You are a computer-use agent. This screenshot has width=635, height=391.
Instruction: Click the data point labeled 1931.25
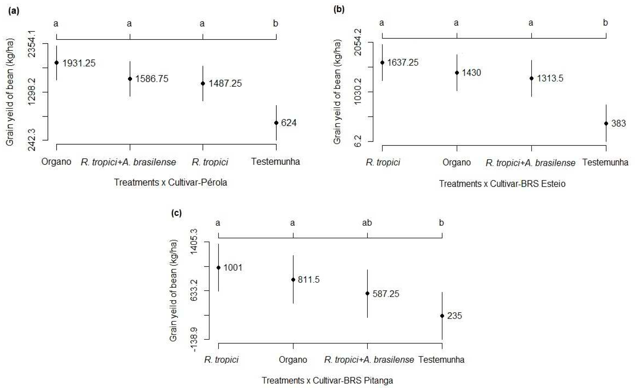[57, 63]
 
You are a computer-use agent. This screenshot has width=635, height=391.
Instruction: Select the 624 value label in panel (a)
[289, 123]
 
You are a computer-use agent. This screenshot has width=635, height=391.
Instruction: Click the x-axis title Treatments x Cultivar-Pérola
[171, 183]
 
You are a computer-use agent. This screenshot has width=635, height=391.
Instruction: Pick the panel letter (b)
[339, 10]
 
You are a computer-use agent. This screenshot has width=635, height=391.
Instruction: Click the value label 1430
[471, 73]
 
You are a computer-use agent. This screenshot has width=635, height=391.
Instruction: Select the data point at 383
[606, 123]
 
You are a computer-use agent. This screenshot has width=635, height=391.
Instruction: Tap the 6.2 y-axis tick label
[358, 141]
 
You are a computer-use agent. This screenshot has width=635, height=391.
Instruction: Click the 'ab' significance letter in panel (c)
[367, 223]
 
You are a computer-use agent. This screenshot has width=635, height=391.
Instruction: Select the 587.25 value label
[386, 294]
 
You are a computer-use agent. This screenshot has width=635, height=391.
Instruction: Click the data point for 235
[442, 316]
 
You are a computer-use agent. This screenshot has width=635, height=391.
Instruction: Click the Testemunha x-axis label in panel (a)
[276, 162]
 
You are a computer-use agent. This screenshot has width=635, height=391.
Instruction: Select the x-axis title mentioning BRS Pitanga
[327, 380]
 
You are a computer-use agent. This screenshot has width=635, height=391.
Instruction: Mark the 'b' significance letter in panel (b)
[605, 23]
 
